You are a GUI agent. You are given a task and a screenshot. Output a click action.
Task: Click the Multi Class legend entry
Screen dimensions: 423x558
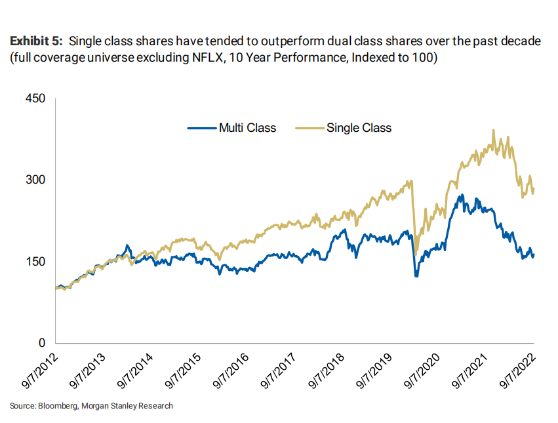pyautogui.click(x=247, y=128)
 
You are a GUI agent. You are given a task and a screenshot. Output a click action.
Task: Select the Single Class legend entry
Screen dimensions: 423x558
pyautogui.click(x=358, y=128)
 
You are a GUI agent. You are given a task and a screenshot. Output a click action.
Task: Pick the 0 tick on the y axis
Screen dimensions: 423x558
pyautogui.click(x=41, y=343)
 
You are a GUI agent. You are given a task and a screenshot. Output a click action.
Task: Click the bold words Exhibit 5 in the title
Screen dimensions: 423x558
pyautogui.click(x=35, y=41)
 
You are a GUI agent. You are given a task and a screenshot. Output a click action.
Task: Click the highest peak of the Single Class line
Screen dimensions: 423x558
pyautogui.click(x=493, y=131)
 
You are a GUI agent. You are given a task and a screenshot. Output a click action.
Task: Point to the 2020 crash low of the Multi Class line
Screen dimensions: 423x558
pyautogui.click(x=416, y=276)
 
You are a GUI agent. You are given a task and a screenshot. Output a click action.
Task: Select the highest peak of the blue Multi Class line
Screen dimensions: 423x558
pyautogui.click(x=462, y=195)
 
